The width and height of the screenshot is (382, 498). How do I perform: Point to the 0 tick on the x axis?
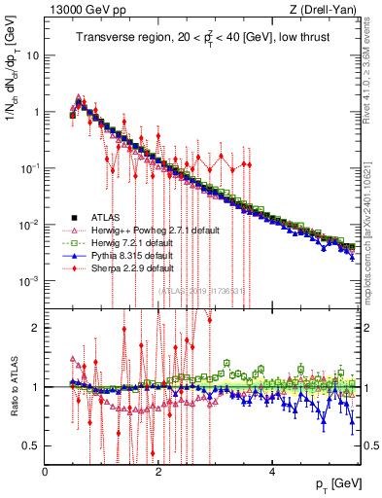(x=46, y=471)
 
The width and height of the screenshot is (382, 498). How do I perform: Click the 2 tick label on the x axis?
(x=158, y=471)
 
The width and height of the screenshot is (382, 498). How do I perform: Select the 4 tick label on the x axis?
(x=272, y=471)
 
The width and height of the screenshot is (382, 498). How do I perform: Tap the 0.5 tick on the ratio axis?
(x=32, y=445)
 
